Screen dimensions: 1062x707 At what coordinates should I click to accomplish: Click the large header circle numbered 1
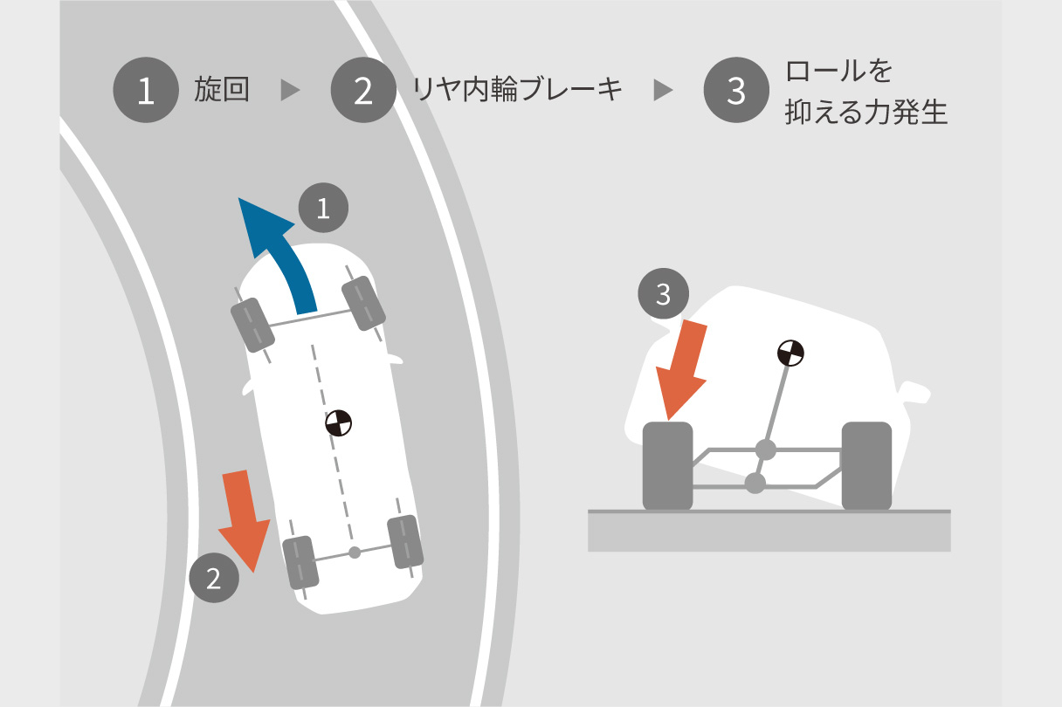coord(146,90)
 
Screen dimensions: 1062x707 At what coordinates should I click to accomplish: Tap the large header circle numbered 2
coord(363,90)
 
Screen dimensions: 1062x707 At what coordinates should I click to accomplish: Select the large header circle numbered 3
coord(736,90)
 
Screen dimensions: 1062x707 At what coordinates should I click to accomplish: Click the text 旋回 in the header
coord(222,89)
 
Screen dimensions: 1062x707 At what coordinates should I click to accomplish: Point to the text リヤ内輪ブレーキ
coord(517,89)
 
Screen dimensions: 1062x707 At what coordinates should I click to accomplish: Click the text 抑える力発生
coord(866,113)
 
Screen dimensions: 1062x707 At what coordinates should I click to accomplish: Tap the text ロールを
coord(838,71)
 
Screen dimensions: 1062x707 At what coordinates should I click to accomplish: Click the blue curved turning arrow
coord(279,256)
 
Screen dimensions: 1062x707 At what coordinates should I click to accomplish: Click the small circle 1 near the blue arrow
coord(323,208)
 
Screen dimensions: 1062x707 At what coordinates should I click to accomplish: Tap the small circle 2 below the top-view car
coord(214,578)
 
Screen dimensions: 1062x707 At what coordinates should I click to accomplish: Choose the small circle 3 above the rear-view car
coord(663,294)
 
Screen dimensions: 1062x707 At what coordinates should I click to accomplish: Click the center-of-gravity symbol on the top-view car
coord(339,423)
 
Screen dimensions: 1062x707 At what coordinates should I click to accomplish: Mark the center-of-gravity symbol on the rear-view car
coord(790,353)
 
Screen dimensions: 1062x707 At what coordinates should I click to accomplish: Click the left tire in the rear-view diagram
coord(667,466)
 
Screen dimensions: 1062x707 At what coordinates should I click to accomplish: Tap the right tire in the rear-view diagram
coord(866,466)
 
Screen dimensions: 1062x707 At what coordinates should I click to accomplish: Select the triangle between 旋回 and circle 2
coord(290,90)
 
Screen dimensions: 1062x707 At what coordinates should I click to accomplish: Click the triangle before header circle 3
coord(663,90)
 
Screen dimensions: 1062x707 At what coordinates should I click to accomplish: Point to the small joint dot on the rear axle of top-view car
coord(355,553)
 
